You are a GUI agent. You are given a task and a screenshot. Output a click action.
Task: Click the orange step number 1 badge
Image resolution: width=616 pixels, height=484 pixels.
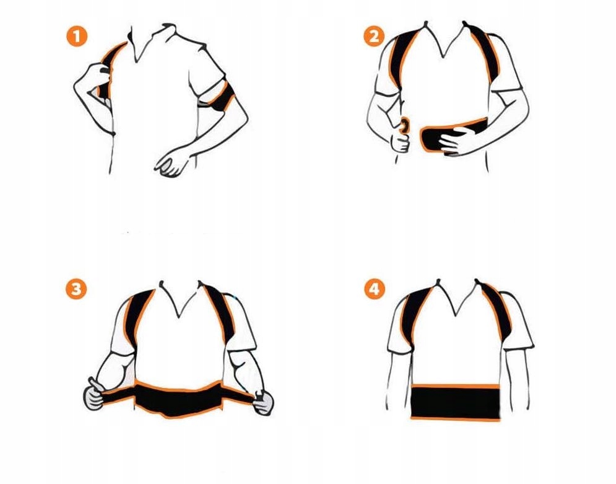pyautogui.click(x=77, y=36)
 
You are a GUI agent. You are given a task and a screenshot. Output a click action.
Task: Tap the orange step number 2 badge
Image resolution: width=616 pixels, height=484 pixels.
pyautogui.click(x=374, y=36)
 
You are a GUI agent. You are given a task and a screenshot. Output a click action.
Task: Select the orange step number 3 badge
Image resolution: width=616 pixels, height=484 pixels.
pyautogui.click(x=76, y=289)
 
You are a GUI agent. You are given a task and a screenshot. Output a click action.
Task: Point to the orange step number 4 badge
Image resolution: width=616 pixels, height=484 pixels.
pyautogui.click(x=375, y=289)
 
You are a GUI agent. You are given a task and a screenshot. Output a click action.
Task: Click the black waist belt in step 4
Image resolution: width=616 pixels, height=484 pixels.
pyautogui.click(x=455, y=402)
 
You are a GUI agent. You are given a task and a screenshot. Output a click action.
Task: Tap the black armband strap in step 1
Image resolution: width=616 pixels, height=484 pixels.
pyautogui.click(x=220, y=96)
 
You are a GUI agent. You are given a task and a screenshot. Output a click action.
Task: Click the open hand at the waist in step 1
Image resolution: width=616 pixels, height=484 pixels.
pyautogui.click(x=173, y=162)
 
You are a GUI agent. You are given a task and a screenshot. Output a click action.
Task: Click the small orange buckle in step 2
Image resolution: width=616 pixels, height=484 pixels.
pyautogui.click(x=404, y=125)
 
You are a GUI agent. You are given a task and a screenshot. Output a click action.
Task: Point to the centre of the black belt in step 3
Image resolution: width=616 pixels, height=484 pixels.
pyautogui.click(x=179, y=399)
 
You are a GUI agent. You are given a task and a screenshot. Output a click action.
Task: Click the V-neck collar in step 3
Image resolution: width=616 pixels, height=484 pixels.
pyautogui.click(x=180, y=299)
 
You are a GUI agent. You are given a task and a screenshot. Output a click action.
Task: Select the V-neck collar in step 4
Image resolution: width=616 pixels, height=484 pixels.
pyautogui.click(x=456, y=297)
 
